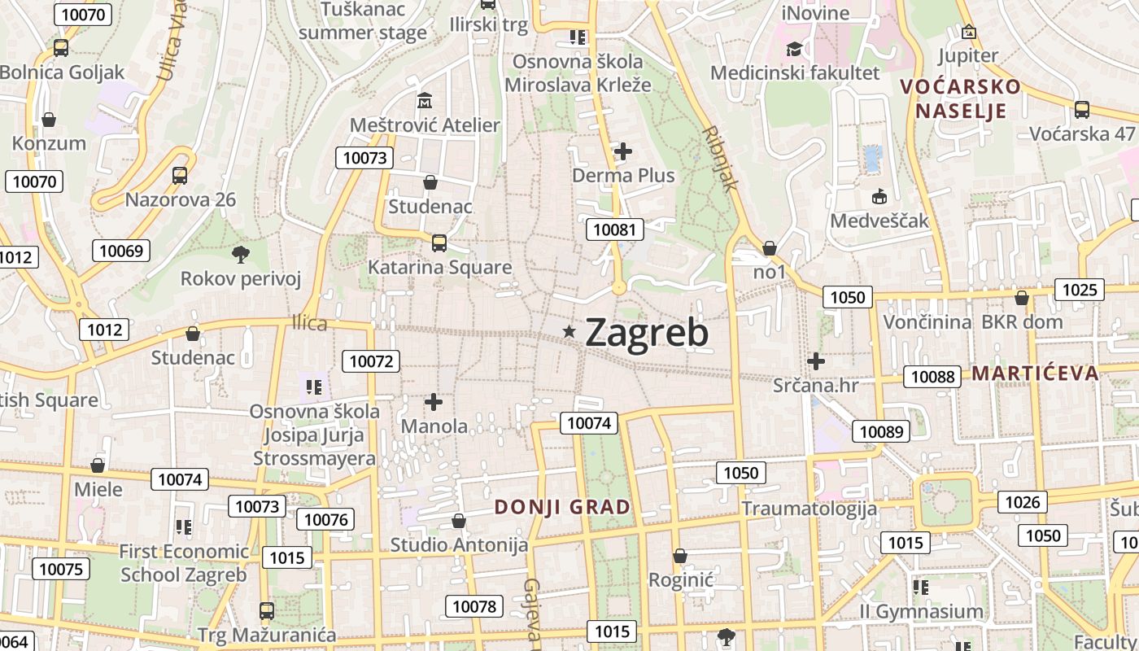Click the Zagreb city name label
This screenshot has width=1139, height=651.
[x=646, y=332]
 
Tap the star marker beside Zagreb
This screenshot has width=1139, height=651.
[x=569, y=331]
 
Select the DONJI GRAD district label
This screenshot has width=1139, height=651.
[x=562, y=507]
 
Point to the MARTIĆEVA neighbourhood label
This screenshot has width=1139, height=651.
[x=1035, y=374]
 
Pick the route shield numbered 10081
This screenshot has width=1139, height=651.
[x=614, y=229]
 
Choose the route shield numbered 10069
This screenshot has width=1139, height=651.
[x=121, y=251]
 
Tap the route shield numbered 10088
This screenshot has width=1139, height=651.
[x=932, y=376]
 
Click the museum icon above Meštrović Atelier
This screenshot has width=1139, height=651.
[x=425, y=102]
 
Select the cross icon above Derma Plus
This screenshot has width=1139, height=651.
[x=623, y=151]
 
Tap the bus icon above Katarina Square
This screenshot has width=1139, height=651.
[x=439, y=242]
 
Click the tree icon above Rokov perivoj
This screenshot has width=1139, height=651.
[x=240, y=255]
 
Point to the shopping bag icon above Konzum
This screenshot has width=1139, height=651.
[x=49, y=120]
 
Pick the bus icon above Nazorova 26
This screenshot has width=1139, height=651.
[x=180, y=175]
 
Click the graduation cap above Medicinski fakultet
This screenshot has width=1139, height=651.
[x=794, y=49]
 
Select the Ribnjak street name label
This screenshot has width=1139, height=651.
[x=721, y=157]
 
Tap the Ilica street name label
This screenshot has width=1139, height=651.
[x=309, y=324]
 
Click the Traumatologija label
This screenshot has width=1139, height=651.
[x=809, y=509]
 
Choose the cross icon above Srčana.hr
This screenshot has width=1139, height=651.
[x=816, y=360]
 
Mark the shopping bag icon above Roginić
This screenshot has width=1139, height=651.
[x=680, y=556]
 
